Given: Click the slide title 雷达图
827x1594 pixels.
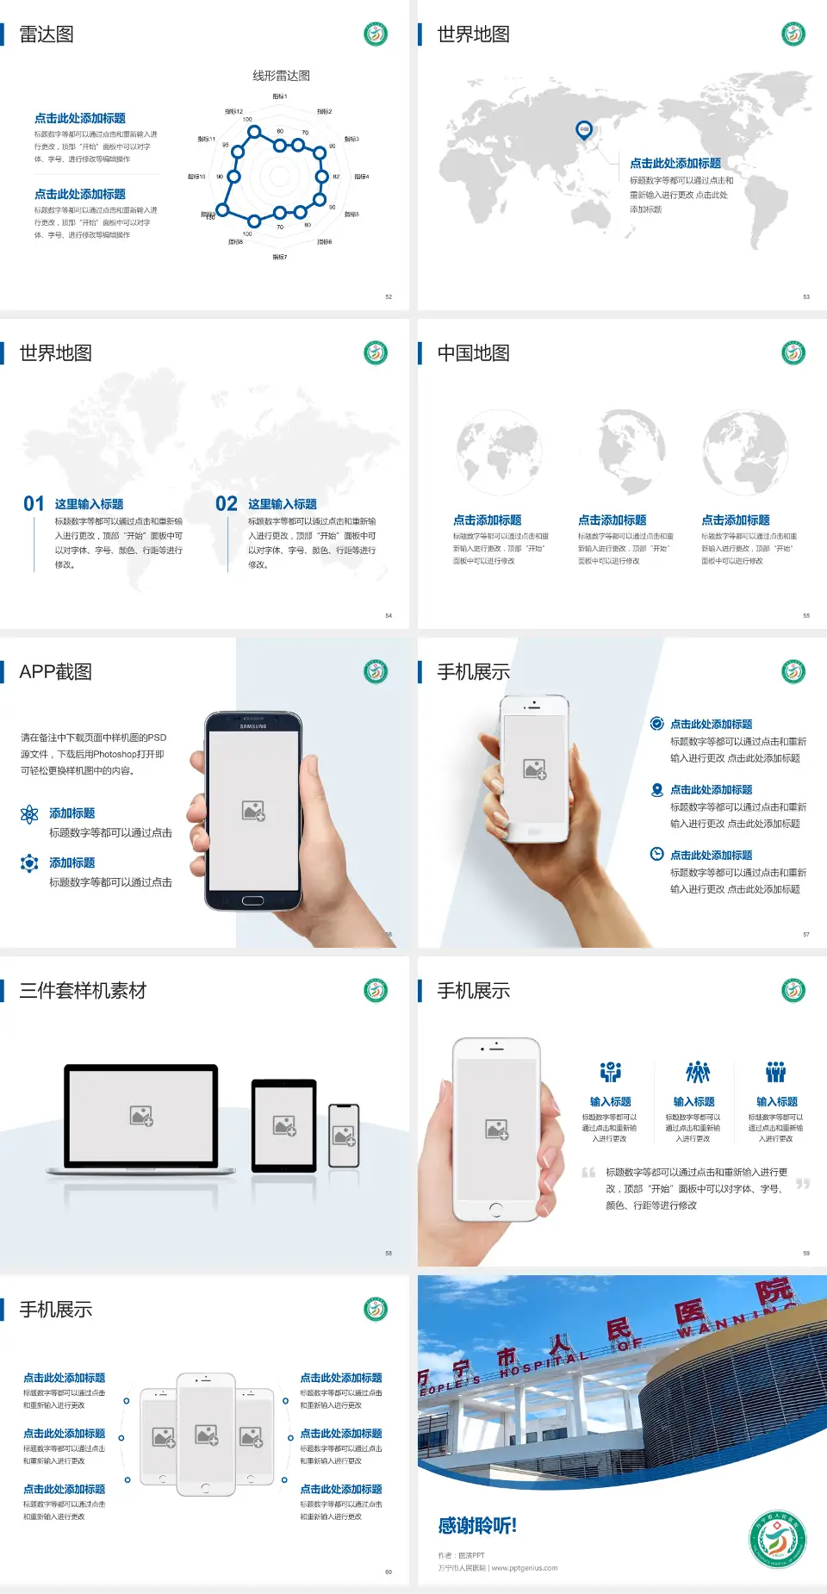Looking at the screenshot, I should coord(47,34).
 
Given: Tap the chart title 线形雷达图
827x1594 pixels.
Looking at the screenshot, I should coord(281,76).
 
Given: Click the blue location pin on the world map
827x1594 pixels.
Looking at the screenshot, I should coord(584,129).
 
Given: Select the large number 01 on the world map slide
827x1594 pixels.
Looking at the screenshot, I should coord(34,504).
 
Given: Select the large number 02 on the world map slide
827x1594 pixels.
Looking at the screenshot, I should coord(227,504).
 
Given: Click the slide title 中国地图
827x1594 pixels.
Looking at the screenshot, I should coord(473,353).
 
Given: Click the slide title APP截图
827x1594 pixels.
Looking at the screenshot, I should coord(56,672).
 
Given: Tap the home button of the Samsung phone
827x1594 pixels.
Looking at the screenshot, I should coord(252,900).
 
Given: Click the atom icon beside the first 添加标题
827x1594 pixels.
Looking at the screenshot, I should coord(29,814).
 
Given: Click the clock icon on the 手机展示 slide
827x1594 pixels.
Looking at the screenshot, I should coord(656,854).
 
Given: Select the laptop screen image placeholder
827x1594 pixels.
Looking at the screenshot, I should coord(141,1115).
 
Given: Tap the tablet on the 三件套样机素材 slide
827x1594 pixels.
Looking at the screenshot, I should coord(284,1124).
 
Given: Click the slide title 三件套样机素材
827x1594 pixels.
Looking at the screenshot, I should coord(83,991).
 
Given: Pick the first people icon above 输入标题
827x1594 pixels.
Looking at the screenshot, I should coord(611,1072).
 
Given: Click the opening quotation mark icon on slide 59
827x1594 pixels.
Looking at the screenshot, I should coord(588,1173).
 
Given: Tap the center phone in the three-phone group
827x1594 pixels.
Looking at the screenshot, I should coord(206,1434).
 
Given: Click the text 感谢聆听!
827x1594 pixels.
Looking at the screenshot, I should coord(477,1526).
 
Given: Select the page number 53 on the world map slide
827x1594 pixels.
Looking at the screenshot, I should coord(806,296).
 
